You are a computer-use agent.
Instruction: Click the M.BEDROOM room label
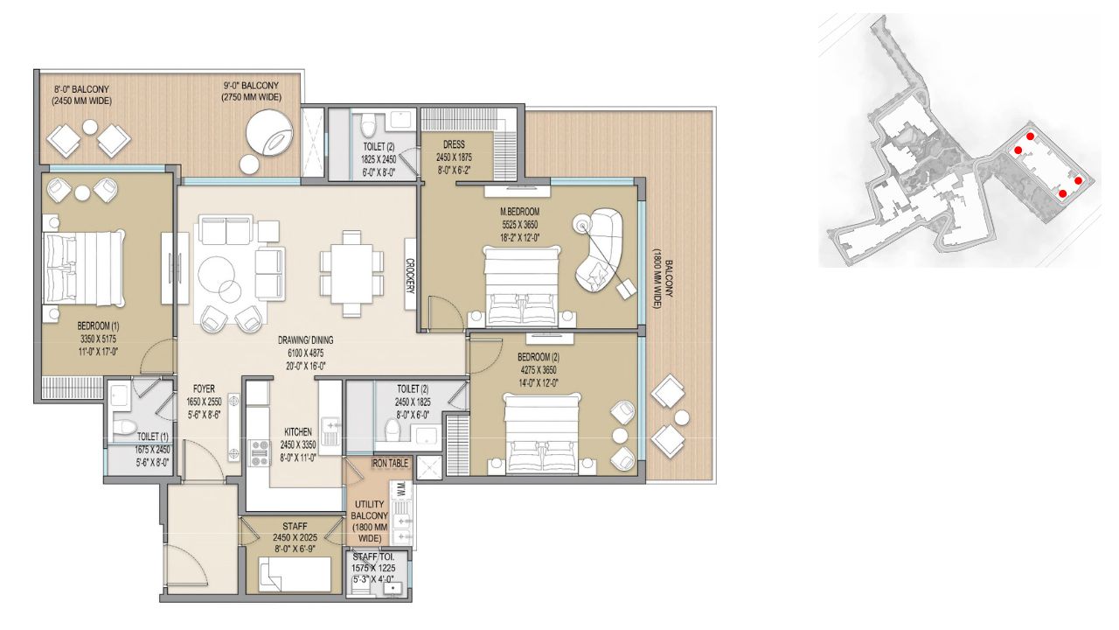520,212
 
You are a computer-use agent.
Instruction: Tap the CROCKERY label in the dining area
410,276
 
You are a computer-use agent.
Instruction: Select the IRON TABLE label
390,464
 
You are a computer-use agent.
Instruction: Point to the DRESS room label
454,144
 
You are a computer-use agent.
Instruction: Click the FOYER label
204,388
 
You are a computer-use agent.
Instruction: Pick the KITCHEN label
298,432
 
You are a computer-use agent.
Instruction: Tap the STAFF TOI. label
373,556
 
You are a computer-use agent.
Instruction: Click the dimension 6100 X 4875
305,353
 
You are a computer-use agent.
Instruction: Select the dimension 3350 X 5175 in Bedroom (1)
98,339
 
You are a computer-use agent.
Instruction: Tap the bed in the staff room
295,575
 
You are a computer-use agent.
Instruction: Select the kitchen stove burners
260,453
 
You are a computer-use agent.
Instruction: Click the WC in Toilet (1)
123,428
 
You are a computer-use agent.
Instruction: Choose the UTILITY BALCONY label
370,521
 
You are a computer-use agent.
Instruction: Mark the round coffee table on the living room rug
217,275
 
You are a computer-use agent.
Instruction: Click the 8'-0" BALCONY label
81,89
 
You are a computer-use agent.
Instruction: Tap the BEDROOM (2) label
538,358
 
